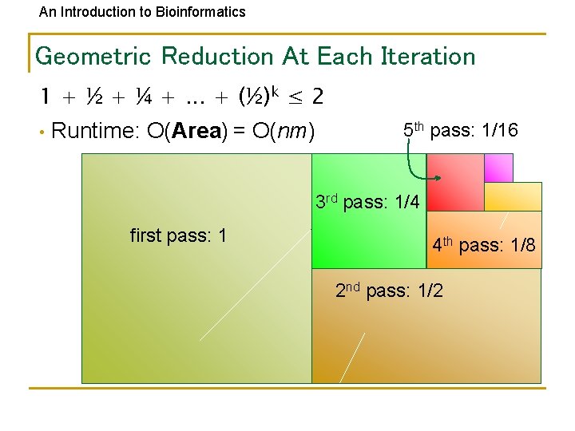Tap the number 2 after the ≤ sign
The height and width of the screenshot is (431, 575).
pyautogui.click(x=318, y=97)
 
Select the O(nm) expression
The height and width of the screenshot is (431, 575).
pyautogui.click(x=282, y=131)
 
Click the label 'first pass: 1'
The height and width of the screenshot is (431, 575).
pyautogui.click(x=178, y=235)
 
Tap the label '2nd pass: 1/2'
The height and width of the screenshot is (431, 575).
pyautogui.click(x=388, y=291)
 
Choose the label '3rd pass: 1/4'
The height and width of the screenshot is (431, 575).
pyautogui.click(x=367, y=202)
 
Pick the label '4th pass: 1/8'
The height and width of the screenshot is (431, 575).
pyautogui.click(x=483, y=245)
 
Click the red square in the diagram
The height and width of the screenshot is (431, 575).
pyautogui.click(x=455, y=182)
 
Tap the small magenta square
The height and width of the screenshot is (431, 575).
pyautogui.click(x=498, y=168)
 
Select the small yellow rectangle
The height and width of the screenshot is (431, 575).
pyautogui.click(x=513, y=196)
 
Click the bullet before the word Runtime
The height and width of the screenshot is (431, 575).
pyautogui.click(x=40, y=132)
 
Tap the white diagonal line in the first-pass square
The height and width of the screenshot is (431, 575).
pyautogui.click(x=256, y=284)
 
